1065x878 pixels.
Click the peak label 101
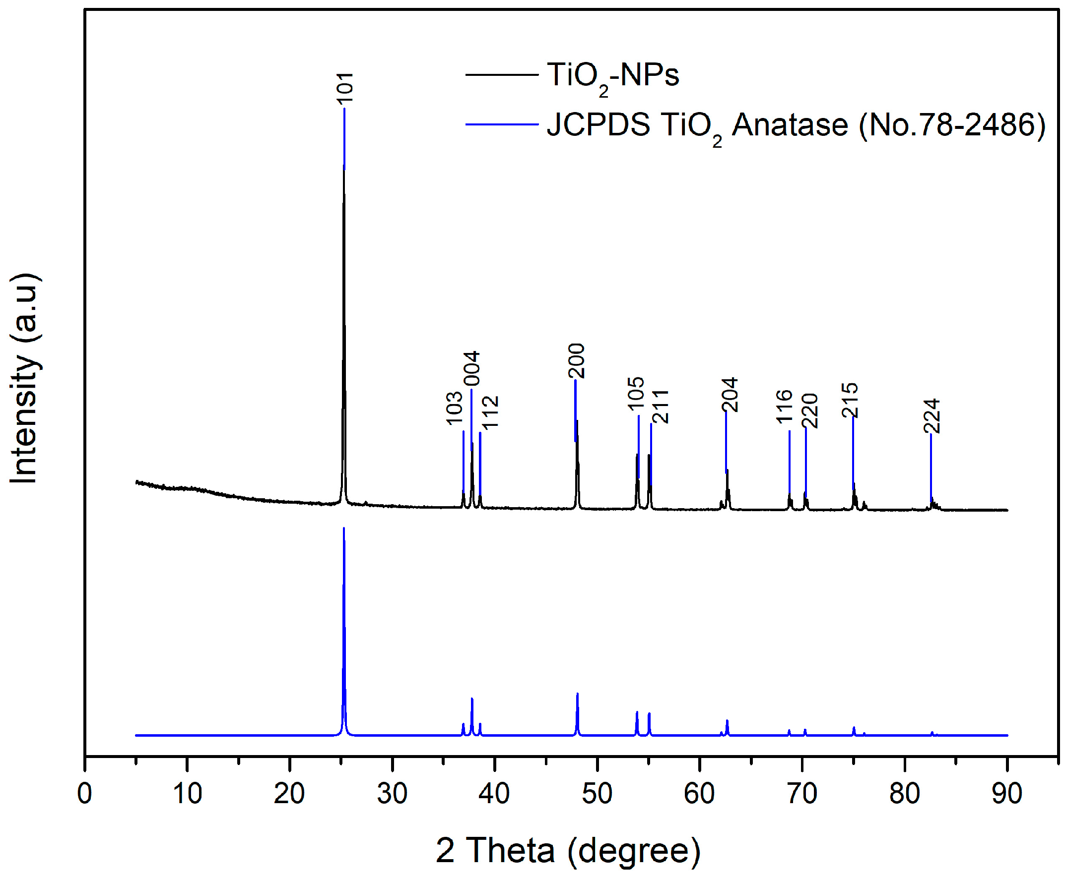click(345, 88)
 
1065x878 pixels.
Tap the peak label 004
click(471, 369)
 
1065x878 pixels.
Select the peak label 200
click(577, 361)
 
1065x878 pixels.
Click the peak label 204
click(730, 395)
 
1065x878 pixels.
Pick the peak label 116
click(784, 406)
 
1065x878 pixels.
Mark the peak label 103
click(455, 408)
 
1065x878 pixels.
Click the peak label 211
click(661, 407)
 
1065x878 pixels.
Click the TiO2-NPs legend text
click(612, 76)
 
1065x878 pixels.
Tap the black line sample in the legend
click(501, 75)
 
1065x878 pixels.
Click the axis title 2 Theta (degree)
click(568, 850)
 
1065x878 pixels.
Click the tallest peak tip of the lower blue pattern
click(344, 528)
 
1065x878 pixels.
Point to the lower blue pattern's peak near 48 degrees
click(577, 694)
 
